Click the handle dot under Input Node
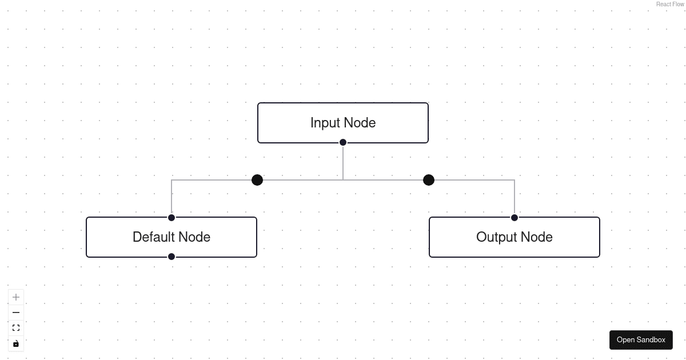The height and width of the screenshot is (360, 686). [343, 142]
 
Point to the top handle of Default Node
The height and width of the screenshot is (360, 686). [171, 218]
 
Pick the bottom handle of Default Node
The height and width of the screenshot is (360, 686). [171, 257]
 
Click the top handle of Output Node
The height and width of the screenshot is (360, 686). [514, 218]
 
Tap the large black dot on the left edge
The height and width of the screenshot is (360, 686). [257, 180]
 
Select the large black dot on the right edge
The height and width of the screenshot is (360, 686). [429, 180]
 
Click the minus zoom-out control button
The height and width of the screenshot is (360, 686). [16, 313]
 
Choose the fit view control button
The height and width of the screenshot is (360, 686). [16, 328]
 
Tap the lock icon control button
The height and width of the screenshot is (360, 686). [16, 343]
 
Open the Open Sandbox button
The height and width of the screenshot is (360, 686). [641, 340]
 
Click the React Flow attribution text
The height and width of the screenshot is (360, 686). [670, 4]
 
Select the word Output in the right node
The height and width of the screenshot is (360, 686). [496, 237]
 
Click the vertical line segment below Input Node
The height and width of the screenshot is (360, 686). [343, 163]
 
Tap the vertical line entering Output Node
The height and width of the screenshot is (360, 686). [514, 197]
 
